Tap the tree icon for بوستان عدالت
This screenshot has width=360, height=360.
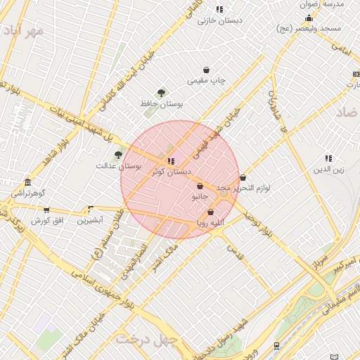(119, 155)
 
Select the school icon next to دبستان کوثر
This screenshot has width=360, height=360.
(171, 161)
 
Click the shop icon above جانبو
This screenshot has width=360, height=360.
(200, 186)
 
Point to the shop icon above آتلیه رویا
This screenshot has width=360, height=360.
(210, 212)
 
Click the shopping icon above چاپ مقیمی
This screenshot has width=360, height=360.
(206, 70)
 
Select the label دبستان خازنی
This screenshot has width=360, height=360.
(220, 20)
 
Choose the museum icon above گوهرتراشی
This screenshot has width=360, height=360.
(27, 182)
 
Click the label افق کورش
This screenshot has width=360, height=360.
(46, 221)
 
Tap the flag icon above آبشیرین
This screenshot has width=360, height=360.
(90, 209)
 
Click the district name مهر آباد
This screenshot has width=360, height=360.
(22, 32)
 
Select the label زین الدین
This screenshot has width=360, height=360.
(328, 169)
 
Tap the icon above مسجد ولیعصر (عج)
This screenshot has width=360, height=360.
(309, 18)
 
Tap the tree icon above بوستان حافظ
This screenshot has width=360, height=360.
(162, 93)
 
